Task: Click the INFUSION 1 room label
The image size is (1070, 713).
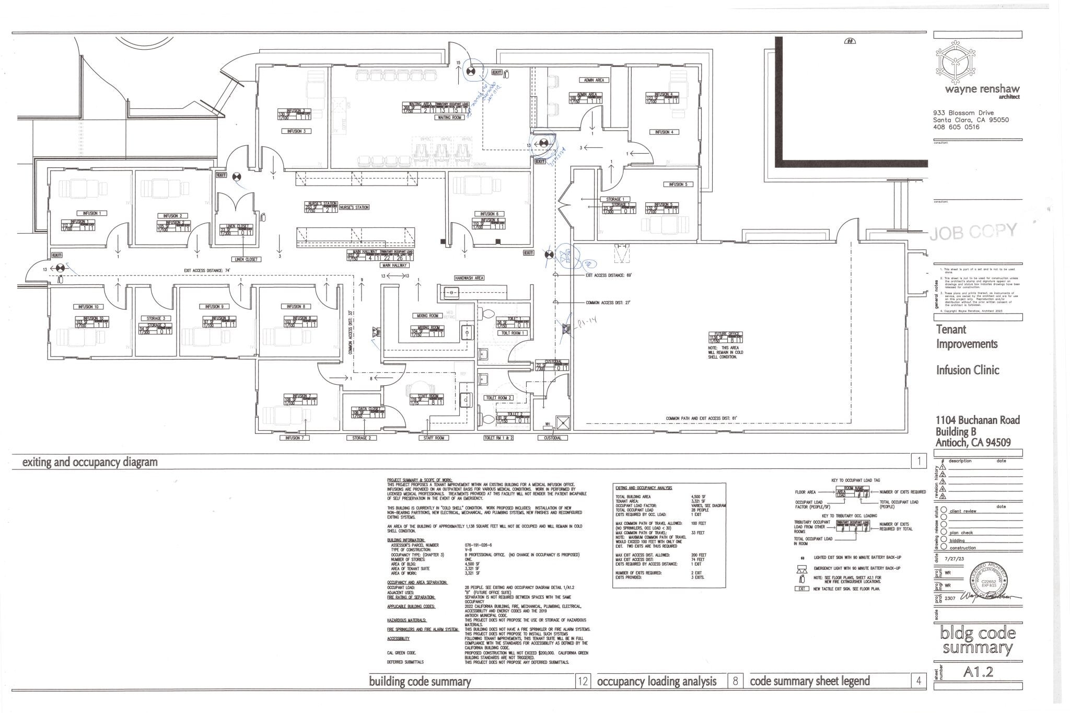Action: click(x=92, y=213)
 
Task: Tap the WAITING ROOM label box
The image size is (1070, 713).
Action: click(x=449, y=118)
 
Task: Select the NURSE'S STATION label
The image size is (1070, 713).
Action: click(x=355, y=208)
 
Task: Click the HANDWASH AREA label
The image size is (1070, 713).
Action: click(x=469, y=278)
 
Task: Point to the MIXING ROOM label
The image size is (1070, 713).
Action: click(x=427, y=316)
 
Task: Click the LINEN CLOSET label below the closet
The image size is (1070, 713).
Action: click(x=245, y=259)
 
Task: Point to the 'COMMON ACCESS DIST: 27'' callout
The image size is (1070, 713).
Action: click(x=608, y=303)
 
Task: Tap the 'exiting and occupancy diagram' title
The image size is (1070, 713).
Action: click(x=89, y=462)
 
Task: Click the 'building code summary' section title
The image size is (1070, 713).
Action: click(x=420, y=682)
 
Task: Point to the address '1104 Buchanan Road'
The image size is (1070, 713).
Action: click(x=977, y=420)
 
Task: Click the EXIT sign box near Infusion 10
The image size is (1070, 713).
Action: click(x=56, y=255)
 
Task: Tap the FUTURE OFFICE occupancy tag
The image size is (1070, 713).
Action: click(x=726, y=337)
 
